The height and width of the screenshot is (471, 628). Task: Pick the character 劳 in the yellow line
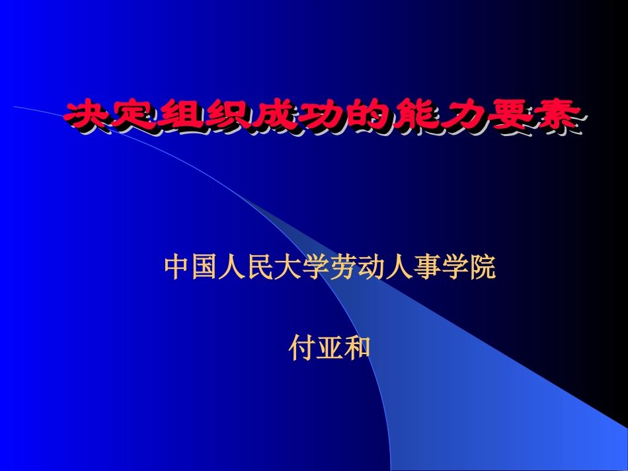344,268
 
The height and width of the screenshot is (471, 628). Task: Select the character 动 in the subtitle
372,268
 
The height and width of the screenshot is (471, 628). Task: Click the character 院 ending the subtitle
482,268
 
